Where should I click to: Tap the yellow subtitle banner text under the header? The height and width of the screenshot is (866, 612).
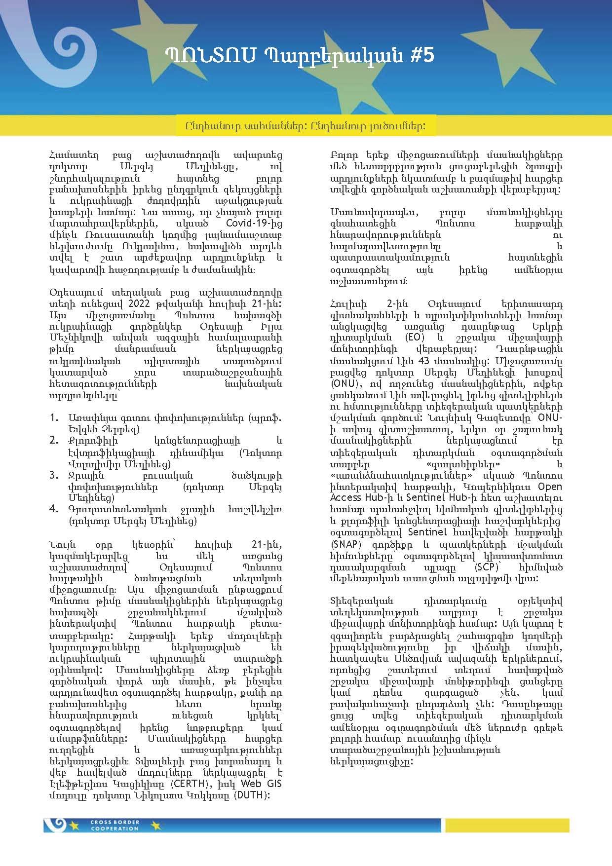[306, 126]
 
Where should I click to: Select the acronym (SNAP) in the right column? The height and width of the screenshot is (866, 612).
[346, 544]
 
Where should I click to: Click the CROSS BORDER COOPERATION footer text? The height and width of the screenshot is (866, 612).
[115, 826]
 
